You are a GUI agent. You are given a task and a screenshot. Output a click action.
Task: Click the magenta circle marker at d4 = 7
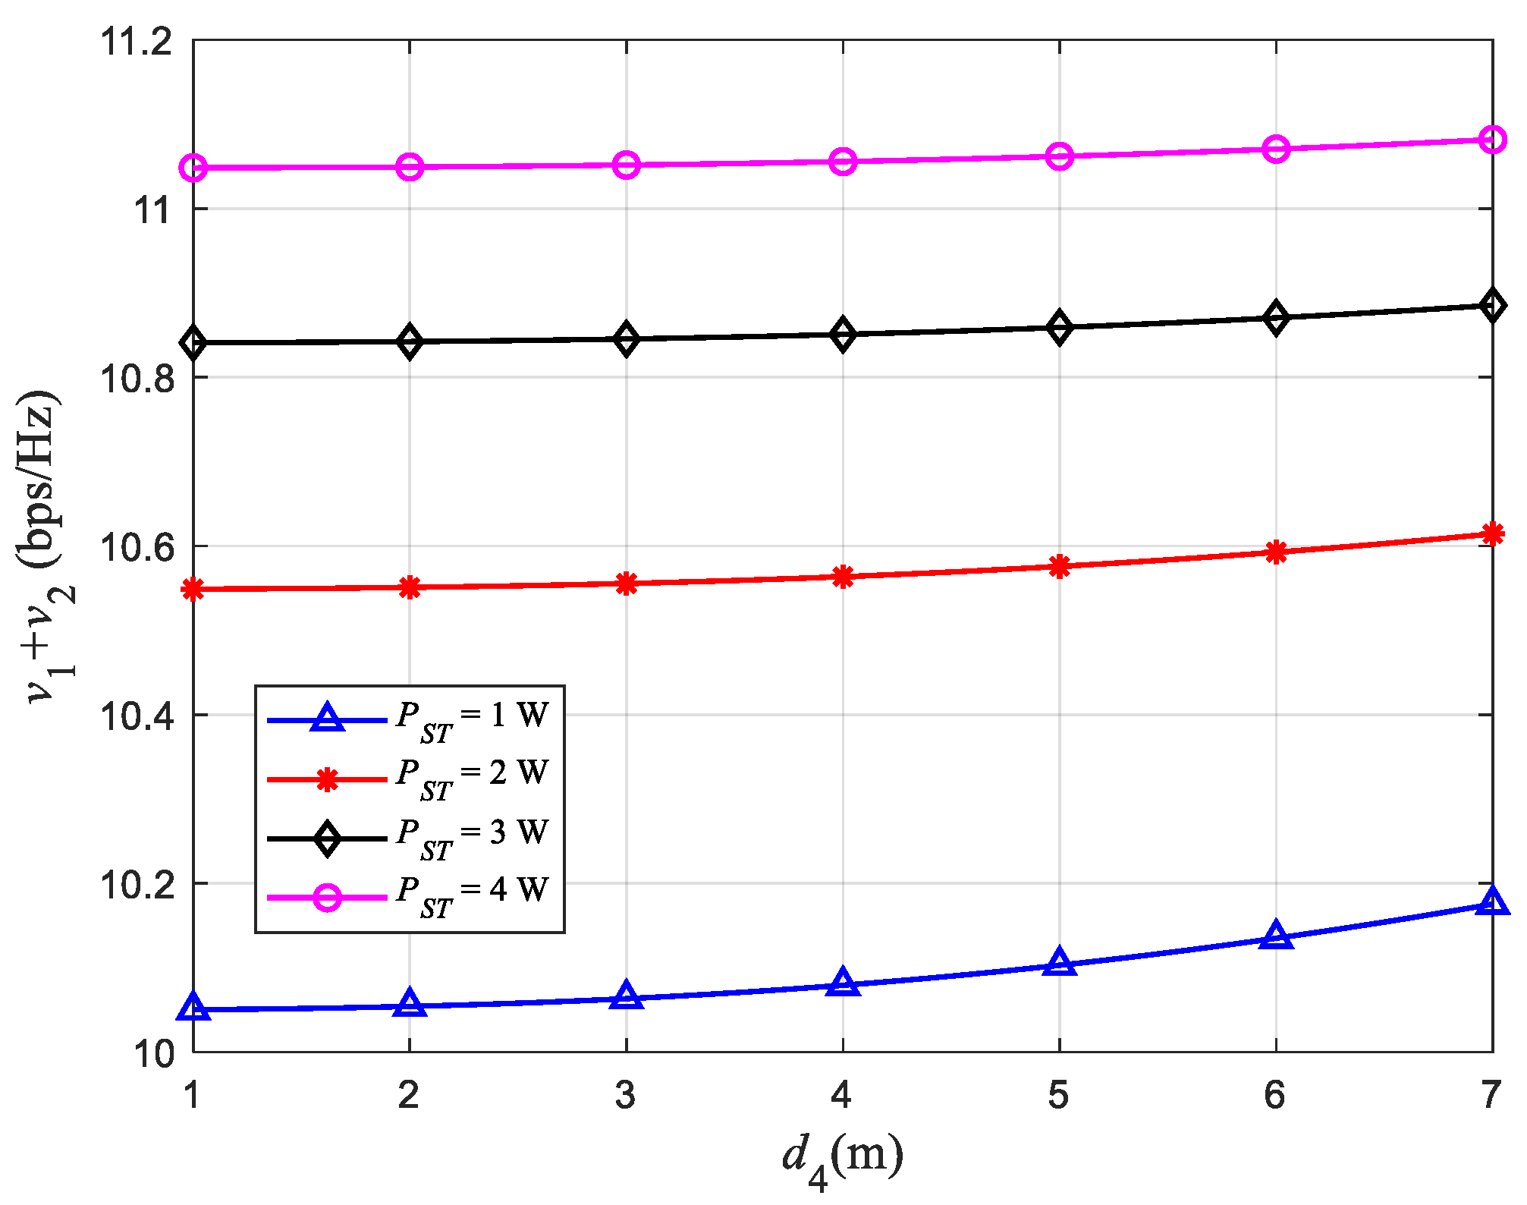click(x=1492, y=140)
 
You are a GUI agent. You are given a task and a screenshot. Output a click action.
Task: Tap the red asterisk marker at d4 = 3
click(x=626, y=584)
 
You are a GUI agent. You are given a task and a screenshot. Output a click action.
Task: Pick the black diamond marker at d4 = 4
click(x=843, y=335)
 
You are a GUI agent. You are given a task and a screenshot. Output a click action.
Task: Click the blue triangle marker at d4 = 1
click(x=193, y=1008)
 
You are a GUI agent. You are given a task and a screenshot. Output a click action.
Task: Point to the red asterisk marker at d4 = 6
click(x=1276, y=552)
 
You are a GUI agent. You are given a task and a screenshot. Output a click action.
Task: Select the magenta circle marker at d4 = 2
click(x=410, y=167)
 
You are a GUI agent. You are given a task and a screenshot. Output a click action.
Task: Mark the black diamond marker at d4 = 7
click(x=1492, y=306)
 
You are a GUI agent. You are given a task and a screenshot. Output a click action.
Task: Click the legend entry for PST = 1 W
click(x=470, y=719)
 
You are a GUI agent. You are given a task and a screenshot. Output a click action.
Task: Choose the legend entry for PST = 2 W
click(x=470, y=777)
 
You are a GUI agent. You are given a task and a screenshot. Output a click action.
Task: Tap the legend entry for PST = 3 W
click(x=470, y=836)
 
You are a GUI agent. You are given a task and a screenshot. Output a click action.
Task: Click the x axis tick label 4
click(x=842, y=1096)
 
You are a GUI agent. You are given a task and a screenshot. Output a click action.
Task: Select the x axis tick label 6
click(x=1275, y=1096)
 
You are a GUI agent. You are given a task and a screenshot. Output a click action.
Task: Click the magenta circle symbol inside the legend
click(x=327, y=898)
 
